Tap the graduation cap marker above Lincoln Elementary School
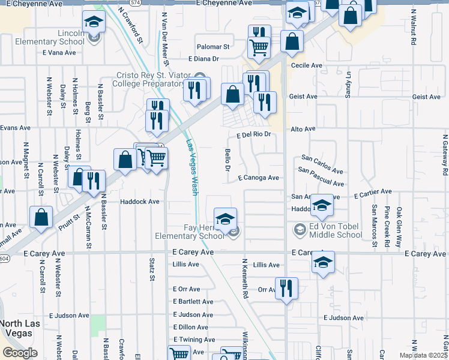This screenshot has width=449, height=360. point(93,23)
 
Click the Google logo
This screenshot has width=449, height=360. point(20,353)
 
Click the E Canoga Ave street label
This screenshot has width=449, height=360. point(258,178)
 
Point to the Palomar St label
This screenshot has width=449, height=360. point(214,46)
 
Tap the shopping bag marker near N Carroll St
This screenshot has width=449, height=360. point(41,217)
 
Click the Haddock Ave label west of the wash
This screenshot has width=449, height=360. point(139,202)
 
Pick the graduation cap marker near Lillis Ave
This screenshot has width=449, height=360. point(323,262)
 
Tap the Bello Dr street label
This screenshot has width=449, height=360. point(228,160)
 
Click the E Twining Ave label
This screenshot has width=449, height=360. point(190,340)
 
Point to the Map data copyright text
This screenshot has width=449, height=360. point(423,355)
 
